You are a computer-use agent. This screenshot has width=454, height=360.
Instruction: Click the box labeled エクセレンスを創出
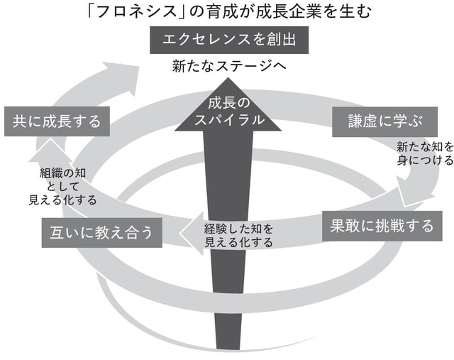[x=228, y=40]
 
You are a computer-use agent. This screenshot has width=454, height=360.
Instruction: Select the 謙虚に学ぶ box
[x=377, y=121]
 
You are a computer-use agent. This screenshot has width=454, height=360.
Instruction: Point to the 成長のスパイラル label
[x=228, y=111]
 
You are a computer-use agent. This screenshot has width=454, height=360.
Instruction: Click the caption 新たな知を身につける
[x=424, y=153]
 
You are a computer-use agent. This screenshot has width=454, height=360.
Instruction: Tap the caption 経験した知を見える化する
[x=238, y=235]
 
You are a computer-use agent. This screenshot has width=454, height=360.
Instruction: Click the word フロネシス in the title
[x=135, y=12]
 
